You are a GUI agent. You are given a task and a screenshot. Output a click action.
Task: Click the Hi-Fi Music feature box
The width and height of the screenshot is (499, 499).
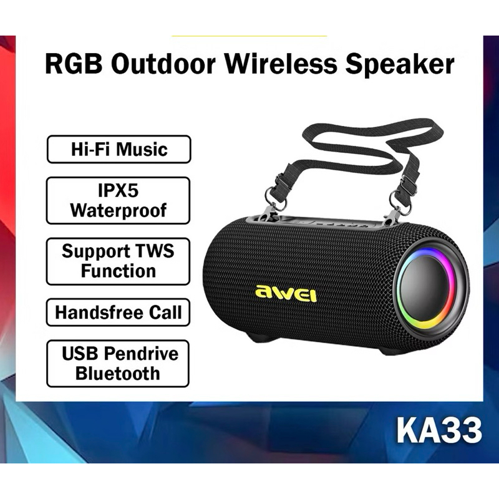(x=119, y=150)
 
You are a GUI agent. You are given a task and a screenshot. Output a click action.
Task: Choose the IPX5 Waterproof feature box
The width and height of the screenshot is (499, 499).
(x=119, y=200)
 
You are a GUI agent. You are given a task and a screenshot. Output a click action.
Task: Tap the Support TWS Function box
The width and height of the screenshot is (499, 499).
(x=119, y=261)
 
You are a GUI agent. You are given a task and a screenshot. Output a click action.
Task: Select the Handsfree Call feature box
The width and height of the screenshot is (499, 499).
(x=119, y=312)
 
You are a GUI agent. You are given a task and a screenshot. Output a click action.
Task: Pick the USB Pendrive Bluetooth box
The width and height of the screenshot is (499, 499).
(x=119, y=363)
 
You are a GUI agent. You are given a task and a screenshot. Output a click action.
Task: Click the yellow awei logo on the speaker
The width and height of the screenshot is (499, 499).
(x=286, y=292)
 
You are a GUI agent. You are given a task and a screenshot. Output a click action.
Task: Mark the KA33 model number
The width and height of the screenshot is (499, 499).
(x=438, y=430)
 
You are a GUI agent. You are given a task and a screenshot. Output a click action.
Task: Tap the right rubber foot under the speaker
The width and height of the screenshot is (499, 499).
(x=393, y=351)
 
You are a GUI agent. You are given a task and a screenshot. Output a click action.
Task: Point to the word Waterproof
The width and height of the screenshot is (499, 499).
(x=119, y=210)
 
